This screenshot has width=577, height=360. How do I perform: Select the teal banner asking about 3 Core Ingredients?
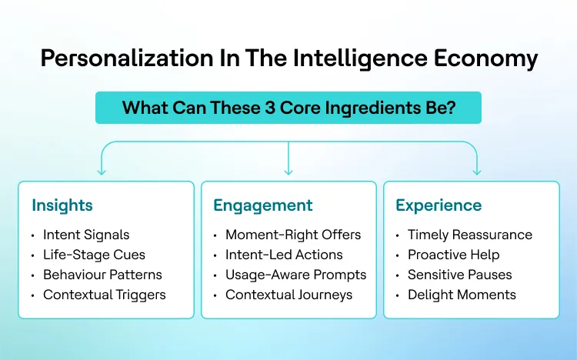288,107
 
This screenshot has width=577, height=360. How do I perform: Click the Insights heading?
62,205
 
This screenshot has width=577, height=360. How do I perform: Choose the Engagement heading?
262,205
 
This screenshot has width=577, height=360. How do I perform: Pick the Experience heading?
439,205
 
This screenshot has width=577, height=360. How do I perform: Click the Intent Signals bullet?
86,235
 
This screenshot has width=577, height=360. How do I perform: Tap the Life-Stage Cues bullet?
94,255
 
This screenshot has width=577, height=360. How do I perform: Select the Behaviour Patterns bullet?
102,275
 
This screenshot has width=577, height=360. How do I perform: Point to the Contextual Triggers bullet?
104,295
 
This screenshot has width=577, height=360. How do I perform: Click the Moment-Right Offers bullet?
292,235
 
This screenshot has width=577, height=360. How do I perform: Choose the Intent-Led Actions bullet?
284,255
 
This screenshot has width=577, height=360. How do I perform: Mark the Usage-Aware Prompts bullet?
295,275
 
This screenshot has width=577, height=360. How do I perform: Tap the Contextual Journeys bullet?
288,295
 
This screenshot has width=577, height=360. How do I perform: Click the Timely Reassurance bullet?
469,235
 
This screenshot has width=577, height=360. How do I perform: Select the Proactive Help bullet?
453,255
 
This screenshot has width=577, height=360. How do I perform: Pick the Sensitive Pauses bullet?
459,275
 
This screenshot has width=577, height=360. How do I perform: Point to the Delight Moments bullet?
462,295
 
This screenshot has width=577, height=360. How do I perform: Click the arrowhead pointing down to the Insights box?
100,171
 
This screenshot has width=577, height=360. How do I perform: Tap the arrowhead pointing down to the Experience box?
476,171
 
